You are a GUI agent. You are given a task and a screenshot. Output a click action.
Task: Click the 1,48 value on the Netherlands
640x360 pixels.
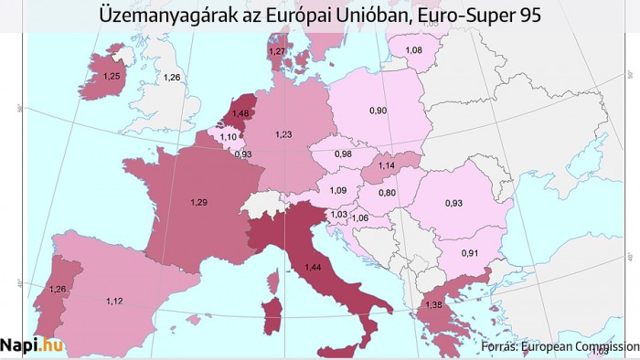240,113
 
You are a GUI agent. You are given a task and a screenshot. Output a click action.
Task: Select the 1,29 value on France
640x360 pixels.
198,200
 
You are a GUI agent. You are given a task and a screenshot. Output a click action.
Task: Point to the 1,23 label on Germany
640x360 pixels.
283,134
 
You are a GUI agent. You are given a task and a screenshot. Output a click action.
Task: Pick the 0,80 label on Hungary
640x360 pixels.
389,193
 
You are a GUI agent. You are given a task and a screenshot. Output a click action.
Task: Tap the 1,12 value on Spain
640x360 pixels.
115,302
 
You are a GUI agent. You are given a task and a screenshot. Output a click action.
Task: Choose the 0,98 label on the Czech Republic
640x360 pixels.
343,154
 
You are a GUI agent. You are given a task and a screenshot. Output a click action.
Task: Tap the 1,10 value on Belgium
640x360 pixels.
229,136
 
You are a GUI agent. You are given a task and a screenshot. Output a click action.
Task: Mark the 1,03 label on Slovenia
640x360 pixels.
338,214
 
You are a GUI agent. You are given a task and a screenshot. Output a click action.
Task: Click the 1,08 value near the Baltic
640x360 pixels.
413,49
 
